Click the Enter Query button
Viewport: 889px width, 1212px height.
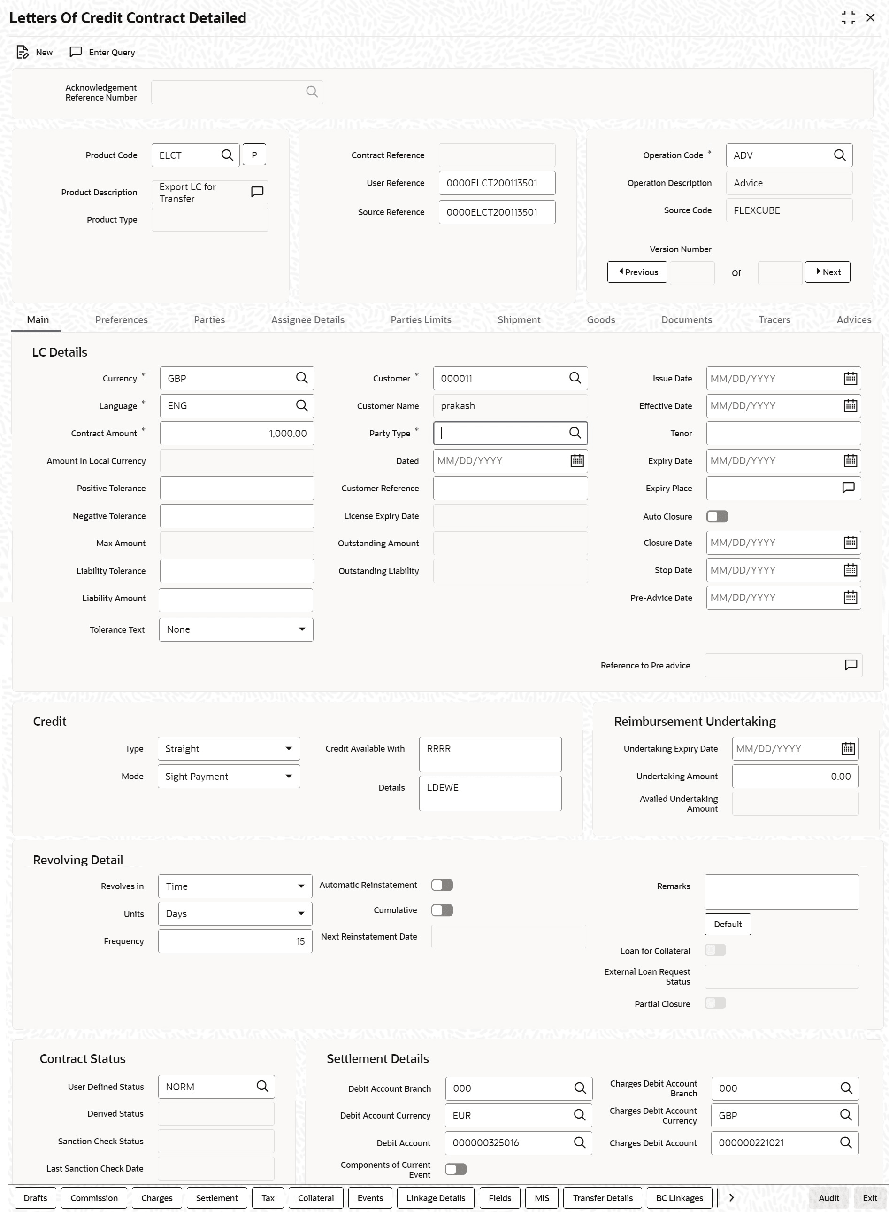click(x=103, y=52)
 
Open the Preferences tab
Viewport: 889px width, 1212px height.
click(x=121, y=320)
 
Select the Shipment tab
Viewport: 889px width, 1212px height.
click(x=519, y=320)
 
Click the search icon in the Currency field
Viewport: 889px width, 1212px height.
click(x=302, y=379)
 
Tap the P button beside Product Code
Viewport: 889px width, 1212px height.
click(x=254, y=155)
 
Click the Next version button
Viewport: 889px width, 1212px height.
click(x=827, y=272)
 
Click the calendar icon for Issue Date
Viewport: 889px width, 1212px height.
click(x=850, y=379)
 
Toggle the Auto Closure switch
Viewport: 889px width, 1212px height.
click(x=717, y=516)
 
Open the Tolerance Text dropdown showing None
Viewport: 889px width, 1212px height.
click(x=236, y=630)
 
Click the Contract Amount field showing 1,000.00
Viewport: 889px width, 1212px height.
click(x=237, y=434)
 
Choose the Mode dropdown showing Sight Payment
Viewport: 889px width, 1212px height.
click(x=229, y=777)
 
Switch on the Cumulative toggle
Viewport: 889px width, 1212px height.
click(x=442, y=910)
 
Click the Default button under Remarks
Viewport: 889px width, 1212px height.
click(x=727, y=925)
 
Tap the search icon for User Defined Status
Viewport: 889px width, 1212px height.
click(x=262, y=1087)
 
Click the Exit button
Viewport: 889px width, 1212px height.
click(x=870, y=1198)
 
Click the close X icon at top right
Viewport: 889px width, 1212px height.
click(x=870, y=18)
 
